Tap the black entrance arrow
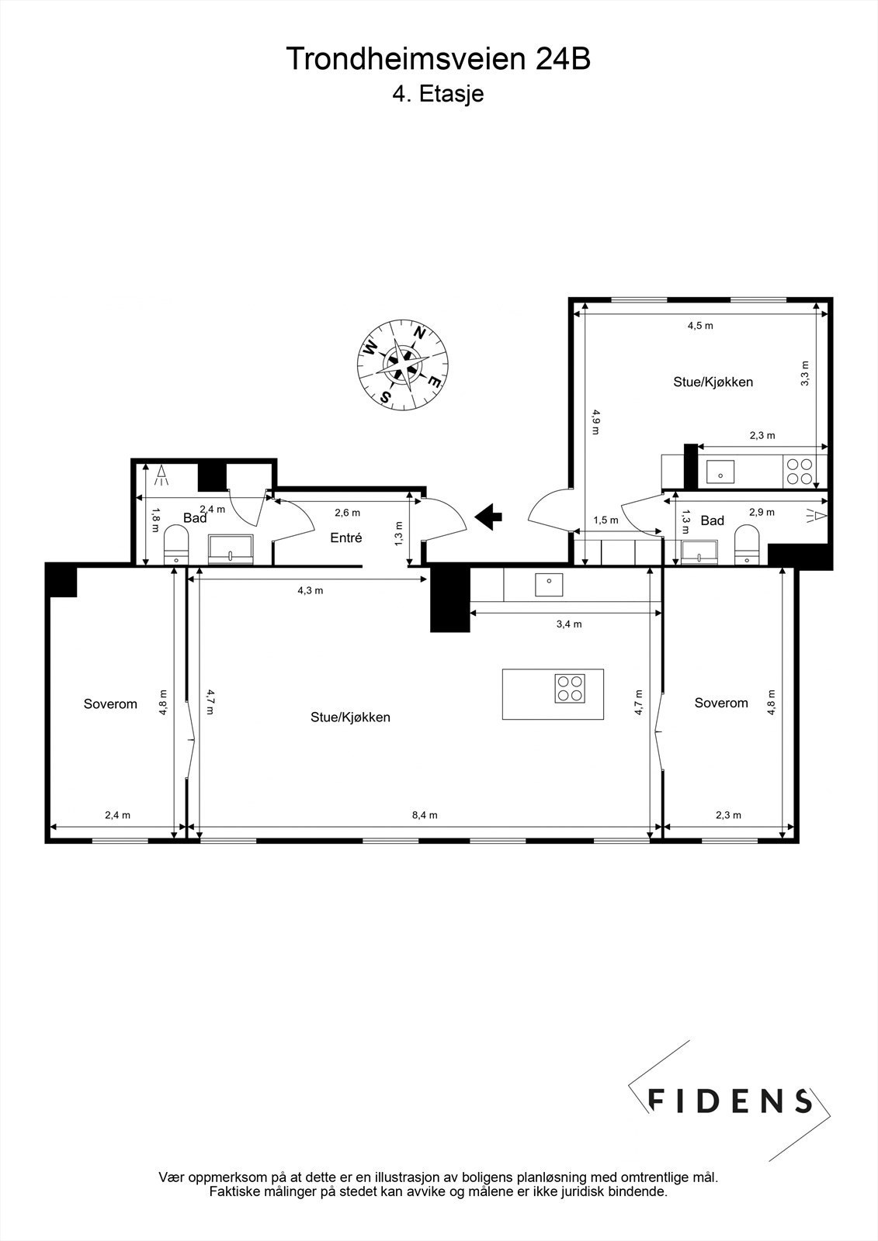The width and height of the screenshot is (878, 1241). click(x=488, y=516)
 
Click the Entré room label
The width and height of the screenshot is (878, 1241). click(x=346, y=538)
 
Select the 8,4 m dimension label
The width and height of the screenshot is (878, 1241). click(x=425, y=814)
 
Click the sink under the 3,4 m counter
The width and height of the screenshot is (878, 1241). click(x=550, y=585)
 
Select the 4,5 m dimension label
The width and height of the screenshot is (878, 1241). click(x=699, y=326)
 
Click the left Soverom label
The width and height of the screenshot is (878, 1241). click(x=110, y=704)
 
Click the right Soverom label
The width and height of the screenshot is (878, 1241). click(x=721, y=703)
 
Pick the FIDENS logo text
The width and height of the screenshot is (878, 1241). click(x=730, y=1101)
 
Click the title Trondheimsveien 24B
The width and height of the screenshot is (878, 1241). click(x=439, y=59)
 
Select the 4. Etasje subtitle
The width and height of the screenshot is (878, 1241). click(x=439, y=94)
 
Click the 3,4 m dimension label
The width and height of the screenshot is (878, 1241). click(x=569, y=624)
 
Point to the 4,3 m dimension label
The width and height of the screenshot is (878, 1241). click(x=311, y=590)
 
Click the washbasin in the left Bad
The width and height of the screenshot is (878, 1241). click(x=231, y=548)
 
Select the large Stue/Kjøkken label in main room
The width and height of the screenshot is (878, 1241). click(x=350, y=717)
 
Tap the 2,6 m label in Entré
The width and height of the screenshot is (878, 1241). click(x=347, y=513)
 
